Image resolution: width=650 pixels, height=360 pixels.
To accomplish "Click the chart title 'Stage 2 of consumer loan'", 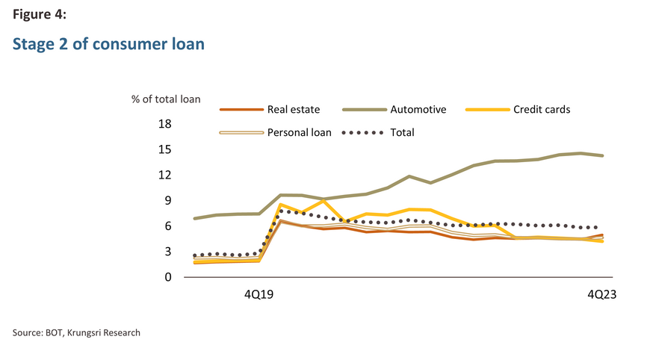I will pos(108,44).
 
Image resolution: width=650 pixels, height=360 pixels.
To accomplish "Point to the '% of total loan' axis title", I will pos(166,98).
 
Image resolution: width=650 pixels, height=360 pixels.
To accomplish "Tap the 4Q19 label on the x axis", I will pos(259,295).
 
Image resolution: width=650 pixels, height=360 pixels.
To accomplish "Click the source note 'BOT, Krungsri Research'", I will pos(76,332).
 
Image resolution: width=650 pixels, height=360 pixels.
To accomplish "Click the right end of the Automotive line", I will pos(602,155).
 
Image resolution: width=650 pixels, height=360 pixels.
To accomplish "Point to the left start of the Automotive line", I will pos(194,219).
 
